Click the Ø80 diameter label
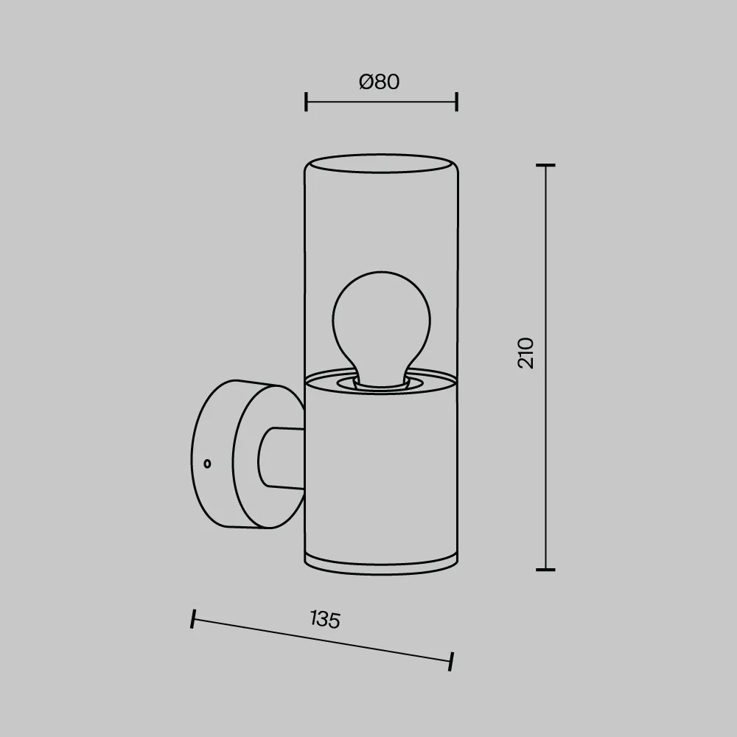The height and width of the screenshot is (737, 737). point(380,82)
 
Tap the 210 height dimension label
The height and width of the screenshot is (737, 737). point(526,353)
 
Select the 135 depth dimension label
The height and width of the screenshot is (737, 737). point(325,619)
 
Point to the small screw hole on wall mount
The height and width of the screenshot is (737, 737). point(207,464)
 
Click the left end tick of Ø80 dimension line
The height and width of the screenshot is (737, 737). point(306,102)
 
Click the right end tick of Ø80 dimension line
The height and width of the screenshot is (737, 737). point(457,102)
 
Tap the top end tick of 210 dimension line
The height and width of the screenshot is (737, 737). point(545,165)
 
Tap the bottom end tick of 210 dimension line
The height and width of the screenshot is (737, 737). point(545,570)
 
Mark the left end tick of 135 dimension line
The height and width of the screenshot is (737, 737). point(192,618)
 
